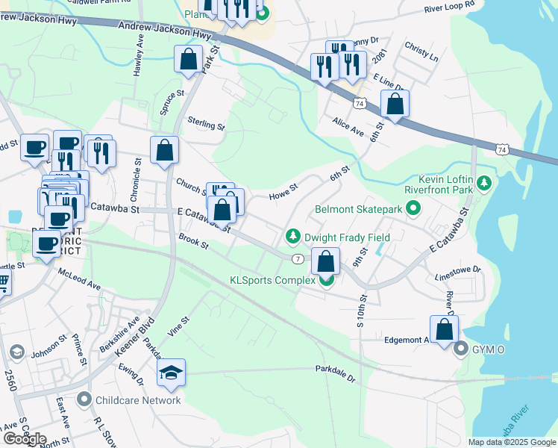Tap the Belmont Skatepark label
tap(358, 210)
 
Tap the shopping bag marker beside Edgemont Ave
tap(445, 329)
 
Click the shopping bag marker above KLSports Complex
tap(325, 261)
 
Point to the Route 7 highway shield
tap(297, 258)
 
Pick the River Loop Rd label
tap(449, 6)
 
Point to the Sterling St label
tap(206, 123)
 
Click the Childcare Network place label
tap(138, 400)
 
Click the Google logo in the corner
tap(24, 439)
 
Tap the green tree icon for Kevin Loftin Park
tap(485, 182)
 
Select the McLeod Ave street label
tap(78, 280)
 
